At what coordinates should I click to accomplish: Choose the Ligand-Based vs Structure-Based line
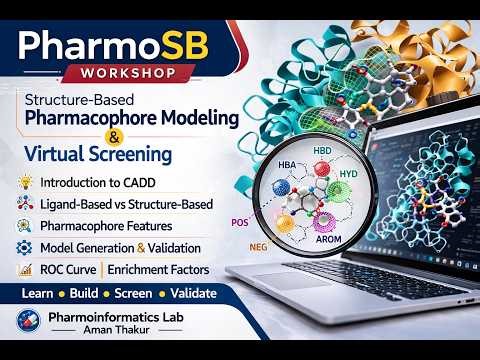pos(126,204)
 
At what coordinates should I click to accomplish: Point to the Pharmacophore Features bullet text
pos(106,226)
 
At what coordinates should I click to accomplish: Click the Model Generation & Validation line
pos(121,247)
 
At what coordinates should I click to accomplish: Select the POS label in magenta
pos(239,222)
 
